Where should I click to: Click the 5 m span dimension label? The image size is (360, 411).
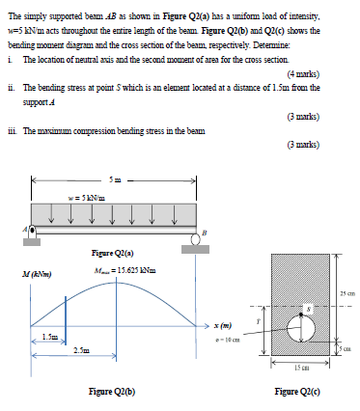pyautogui.click(x=115, y=180)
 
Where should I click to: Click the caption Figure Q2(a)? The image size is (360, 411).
pyautogui.click(x=111, y=255)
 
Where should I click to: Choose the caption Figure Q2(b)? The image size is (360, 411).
pyautogui.click(x=112, y=392)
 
